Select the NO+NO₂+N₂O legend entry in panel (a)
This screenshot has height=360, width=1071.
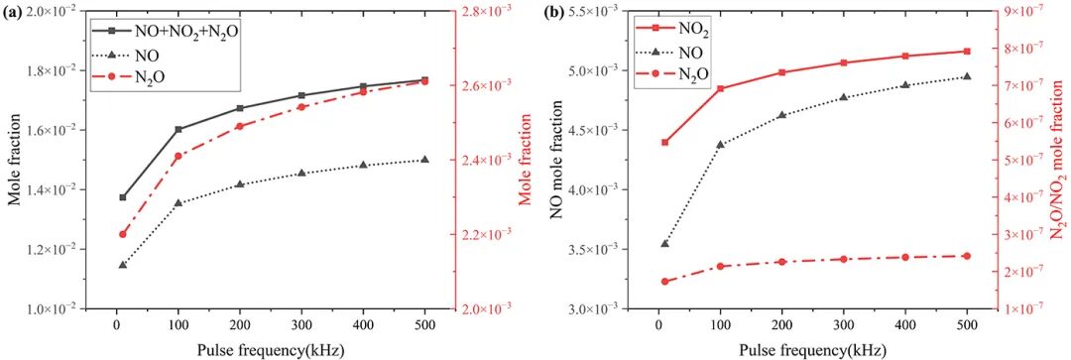point(168,30)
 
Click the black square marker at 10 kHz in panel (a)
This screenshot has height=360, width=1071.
point(123,197)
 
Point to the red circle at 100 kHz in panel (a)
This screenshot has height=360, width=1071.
point(178,157)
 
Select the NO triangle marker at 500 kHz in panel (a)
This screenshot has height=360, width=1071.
point(424,159)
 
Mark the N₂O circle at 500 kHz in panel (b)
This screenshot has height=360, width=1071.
point(967,275)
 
